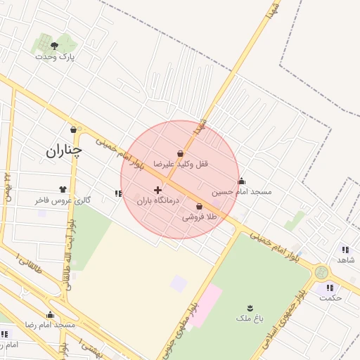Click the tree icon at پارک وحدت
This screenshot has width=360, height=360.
(55, 46)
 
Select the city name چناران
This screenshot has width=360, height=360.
(64, 150)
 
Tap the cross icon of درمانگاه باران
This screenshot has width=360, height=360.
(157, 190)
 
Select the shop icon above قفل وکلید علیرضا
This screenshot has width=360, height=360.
(181, 153)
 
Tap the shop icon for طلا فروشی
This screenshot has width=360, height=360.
(200, 207)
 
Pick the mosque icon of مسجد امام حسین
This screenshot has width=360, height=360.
(242, 181)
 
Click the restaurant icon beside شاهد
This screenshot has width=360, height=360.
(345, 249)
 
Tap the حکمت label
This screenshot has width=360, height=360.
(330, 297)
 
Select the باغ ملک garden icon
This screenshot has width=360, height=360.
(251, 308)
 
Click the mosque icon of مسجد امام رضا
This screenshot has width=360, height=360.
(50, 315)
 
